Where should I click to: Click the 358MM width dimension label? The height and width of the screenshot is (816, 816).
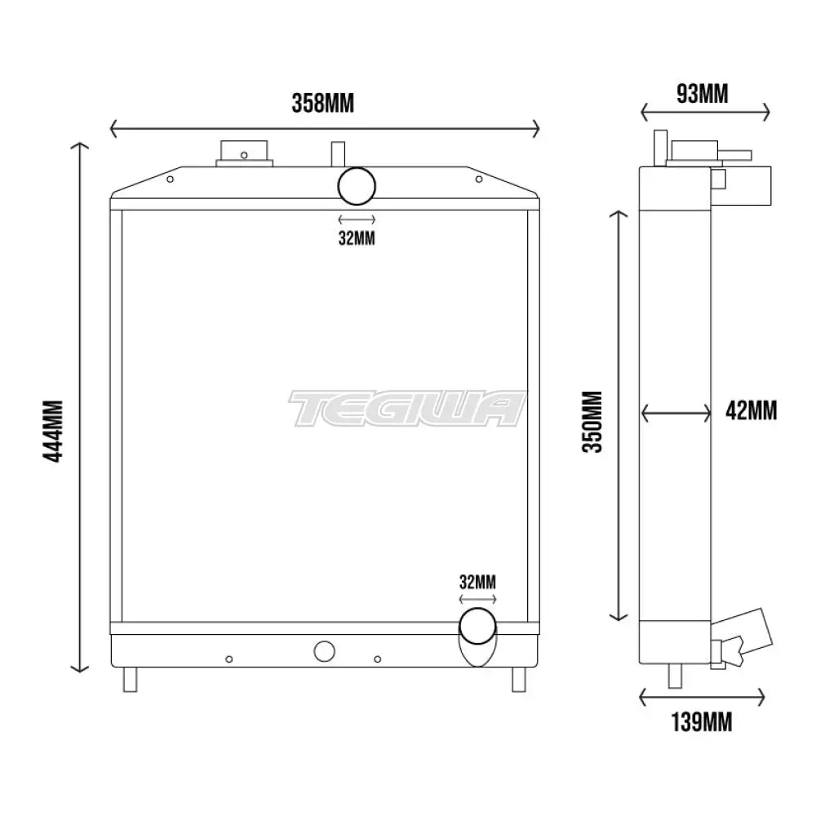pyautogui.click(x=323, y=104)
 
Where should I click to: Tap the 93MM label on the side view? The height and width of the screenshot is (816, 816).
pyautogui.click(x=703, y=95)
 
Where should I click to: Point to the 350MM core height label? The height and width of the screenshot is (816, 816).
pyautogui.click(x=593, y=421)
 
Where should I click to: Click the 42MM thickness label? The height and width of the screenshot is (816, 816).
pyautogui.click(x=751, y=410)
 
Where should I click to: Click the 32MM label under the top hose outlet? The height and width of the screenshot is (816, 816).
pyautogui.click(x=357, y=238)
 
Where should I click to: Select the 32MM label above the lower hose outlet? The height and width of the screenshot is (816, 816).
pyautogui.click(x=477, y=583)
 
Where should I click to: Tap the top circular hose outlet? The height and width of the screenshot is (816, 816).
pyautogui.click(x=357, y=186)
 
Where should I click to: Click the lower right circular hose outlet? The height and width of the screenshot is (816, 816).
pyautogui.click(x=478, y=627)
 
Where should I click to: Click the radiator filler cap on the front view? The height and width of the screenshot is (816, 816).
pyautogui.click(x=243, y=153)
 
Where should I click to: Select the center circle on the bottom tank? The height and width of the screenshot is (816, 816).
pyautogui.click(x=324, y=650)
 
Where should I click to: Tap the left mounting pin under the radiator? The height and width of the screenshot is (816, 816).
pyautogui.click(x=131, y=678)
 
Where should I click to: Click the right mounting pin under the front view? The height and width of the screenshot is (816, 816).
pyautogui.click(x=517, y=678)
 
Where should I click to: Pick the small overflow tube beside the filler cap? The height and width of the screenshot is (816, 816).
pyautogui.click(x=336, y=153)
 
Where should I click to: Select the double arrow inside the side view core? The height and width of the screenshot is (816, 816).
pyautogui.click(x=676, y=414)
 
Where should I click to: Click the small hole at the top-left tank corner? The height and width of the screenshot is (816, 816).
pyautogui.click(x=170, y=181)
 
